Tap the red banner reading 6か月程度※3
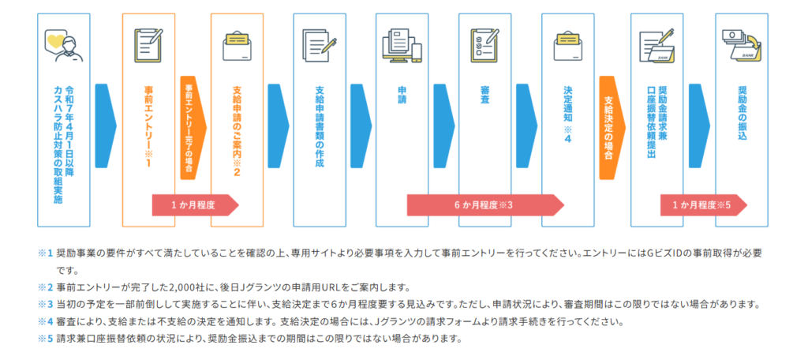[x=484, y=205]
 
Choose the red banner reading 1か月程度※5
[x=701, y=205]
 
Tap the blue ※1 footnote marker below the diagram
[x=44, y=253]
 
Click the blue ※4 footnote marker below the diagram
[x=44, y=322]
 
